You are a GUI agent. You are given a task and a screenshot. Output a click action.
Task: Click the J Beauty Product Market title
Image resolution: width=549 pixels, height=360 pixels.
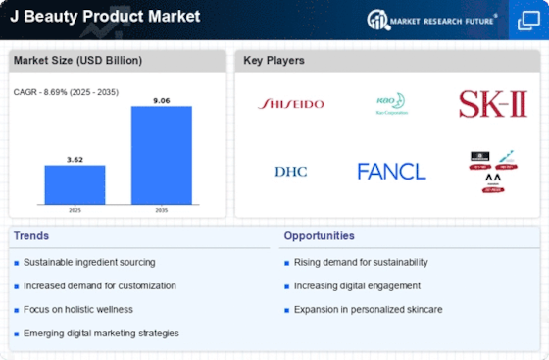pyautogui.click(x=103, y=17)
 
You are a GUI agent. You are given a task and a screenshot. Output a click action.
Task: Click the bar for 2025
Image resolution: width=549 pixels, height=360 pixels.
pyautogui.click(x=75, y=185)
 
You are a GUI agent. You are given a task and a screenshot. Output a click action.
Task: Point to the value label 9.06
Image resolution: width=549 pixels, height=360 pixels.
pyautogui.click(x=162, y=98)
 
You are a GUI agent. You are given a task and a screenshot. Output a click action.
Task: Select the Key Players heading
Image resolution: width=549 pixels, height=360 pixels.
pyautogui.click(x=274, y=61)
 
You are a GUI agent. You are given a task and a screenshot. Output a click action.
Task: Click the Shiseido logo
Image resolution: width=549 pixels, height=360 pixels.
pyautogui.click(x=290, y=103)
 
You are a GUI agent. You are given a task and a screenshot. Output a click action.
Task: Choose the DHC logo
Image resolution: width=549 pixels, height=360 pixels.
pyautogui.click(x=290, y=172)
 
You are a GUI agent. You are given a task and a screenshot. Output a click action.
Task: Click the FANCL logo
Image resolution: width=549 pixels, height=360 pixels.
pyautogui.click(x=391, y=172)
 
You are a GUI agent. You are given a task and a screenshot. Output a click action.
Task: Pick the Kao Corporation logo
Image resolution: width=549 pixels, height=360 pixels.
pyautogui.click(x=390, y=101)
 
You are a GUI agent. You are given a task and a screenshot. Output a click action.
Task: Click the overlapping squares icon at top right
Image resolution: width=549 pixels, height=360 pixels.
pyautogui.click(x=526, y=20)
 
